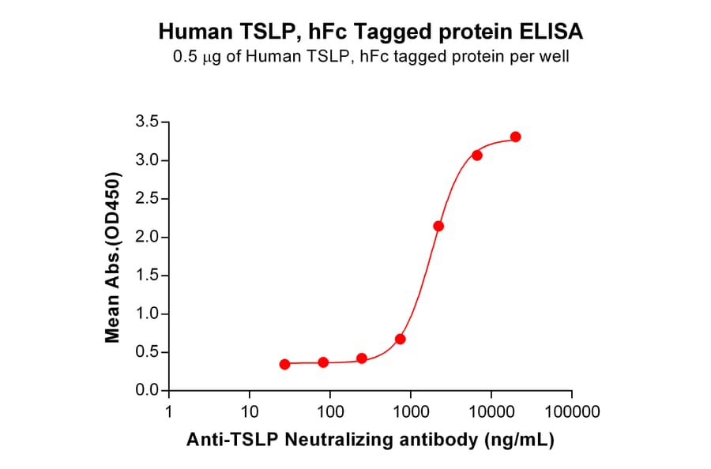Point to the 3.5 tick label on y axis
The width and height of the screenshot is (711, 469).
coord(149,122)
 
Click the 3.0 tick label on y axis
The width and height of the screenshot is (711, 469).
coord(149,161)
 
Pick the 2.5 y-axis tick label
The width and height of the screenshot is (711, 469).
coord(149,199)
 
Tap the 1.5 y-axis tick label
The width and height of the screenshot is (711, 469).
coord(149,276)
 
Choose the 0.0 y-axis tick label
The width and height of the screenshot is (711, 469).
coord(149,392)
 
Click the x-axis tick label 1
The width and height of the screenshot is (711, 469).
coord(169,412)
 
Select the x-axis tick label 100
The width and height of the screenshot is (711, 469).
coord(329,412)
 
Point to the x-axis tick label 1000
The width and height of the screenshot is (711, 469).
coord(410,412)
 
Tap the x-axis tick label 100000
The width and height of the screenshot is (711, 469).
coord(571,412)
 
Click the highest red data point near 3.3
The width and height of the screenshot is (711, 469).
coord(515,137)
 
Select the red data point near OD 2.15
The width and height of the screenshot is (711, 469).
coord(438,226)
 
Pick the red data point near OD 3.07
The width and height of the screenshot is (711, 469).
coord(476,155)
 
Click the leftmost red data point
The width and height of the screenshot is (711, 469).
coord(284,364)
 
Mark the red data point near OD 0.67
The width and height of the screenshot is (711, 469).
coord(400,339)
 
